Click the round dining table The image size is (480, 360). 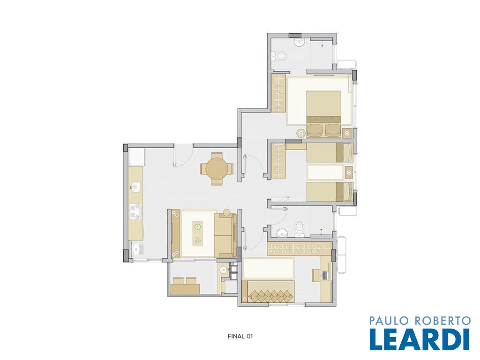(217, 169)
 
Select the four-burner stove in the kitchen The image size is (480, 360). (135, 211)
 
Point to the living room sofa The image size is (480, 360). (225, 234)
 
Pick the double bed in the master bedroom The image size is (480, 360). (324, 113)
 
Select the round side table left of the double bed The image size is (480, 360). (300, 133)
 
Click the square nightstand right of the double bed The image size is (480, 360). (347, 133)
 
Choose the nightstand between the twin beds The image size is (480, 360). (349, 172)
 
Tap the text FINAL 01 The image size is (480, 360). (240, 336)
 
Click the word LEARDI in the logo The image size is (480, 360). (419, 339)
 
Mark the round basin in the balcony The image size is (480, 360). (224, 270)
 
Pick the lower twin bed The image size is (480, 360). (330, 192)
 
